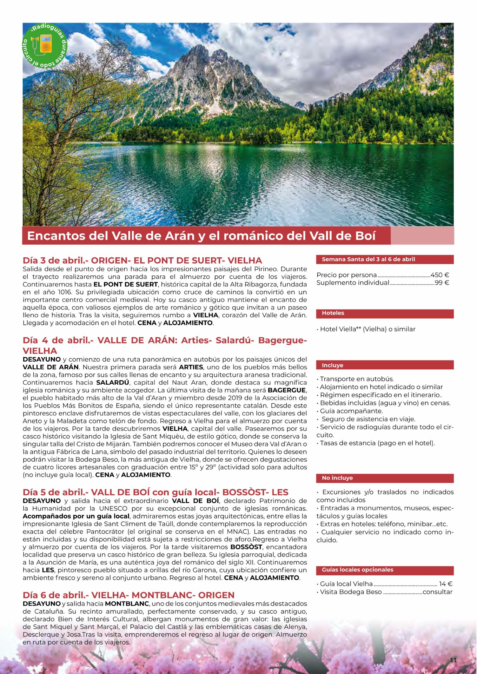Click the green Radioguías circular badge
click(45, 46)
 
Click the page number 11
click(453, 660)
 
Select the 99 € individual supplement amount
click(442, 283)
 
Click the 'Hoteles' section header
click(333, 313)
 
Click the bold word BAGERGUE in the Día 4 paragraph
click(287, 390)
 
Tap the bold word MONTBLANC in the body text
click(127, 603)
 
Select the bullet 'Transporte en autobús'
click(357, 379)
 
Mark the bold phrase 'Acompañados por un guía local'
click(76, 516)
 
